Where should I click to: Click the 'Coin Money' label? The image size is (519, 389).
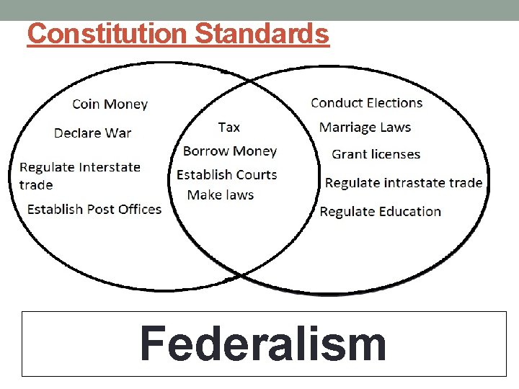110,104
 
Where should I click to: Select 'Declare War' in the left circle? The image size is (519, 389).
92,133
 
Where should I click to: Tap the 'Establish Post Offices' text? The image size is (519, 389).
94,210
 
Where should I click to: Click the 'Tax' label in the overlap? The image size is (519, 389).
229,128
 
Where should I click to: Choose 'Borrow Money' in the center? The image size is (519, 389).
229,151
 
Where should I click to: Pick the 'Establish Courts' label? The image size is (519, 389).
226,175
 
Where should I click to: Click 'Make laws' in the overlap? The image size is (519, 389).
220,195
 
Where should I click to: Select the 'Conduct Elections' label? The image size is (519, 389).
366,103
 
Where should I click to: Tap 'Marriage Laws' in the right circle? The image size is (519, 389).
365,128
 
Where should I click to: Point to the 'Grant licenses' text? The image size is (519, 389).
376,154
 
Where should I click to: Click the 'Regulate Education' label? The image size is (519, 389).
380,212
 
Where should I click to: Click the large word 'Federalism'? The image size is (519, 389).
263,344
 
